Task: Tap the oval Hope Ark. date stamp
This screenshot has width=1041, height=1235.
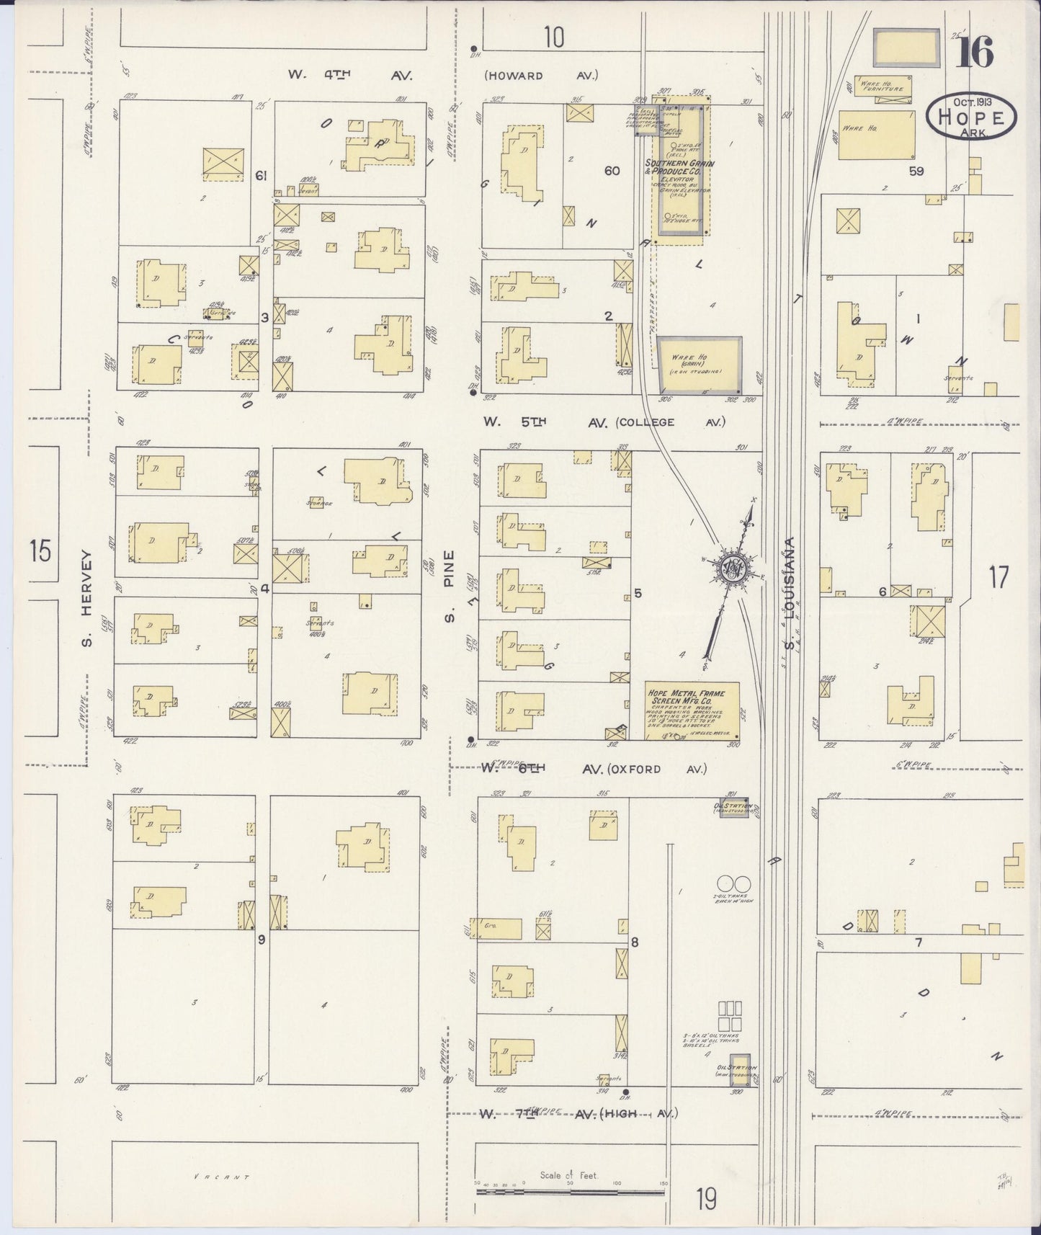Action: (x=971, y=116)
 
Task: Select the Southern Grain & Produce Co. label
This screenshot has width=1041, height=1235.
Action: (x=680, y=168)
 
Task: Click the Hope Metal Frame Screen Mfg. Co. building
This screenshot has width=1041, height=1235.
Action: (x=692, y=710)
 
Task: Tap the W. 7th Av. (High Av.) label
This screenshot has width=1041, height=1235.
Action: (x=580, y=1114)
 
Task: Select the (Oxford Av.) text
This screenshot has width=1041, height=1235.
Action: (x=654, y=769)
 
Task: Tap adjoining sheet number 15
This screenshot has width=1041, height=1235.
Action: (x=40, y=553)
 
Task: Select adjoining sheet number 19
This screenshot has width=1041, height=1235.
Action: (x=707, y=1200)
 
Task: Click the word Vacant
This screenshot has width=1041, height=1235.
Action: (x=221, y=1177)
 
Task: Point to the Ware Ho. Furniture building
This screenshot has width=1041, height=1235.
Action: (x=881, y=86)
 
